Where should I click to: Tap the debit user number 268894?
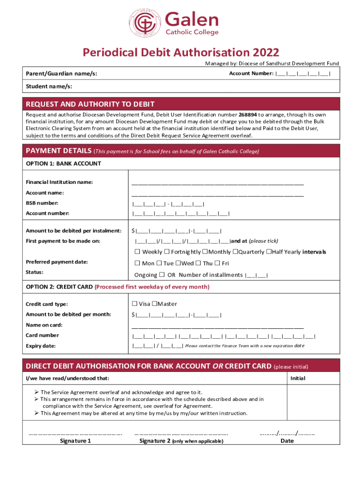(x=248, y=115)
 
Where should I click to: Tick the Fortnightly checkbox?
(x=167, y=252)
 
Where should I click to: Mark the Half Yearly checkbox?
(x=268, y=252)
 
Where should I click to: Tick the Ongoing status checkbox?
(x=162, y=275)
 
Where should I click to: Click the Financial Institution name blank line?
(x=217, y=183)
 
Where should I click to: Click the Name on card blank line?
(x=217, y=326)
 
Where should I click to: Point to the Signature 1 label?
(x=75, y=441)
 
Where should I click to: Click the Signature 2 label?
(x=154, y=441)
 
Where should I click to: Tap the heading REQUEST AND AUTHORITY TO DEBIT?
(x=90, y=104)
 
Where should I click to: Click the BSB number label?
(x=42, y=203)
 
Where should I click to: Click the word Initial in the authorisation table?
(x=298, y=378)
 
